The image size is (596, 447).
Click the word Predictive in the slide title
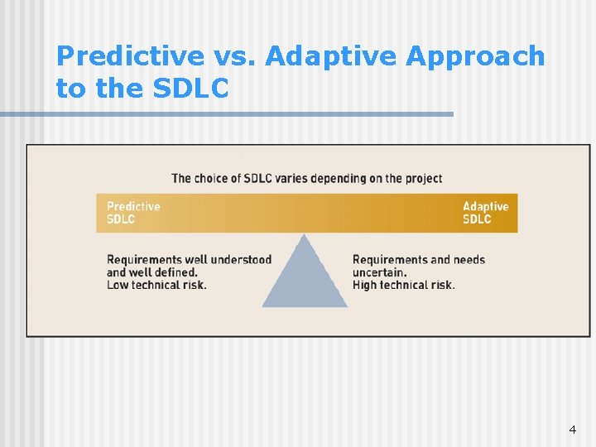130,56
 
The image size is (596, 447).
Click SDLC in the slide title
191,88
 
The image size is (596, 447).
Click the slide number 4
572,430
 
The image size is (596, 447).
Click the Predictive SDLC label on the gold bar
132,213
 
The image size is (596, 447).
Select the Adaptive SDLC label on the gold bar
485,213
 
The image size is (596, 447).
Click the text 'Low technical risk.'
156,285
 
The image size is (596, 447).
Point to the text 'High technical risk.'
403,285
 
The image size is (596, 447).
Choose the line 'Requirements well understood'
189,260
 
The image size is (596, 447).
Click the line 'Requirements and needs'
418,260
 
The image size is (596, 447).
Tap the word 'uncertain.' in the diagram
379,272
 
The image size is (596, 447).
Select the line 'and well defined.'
151,272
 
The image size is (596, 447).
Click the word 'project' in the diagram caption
423,178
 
